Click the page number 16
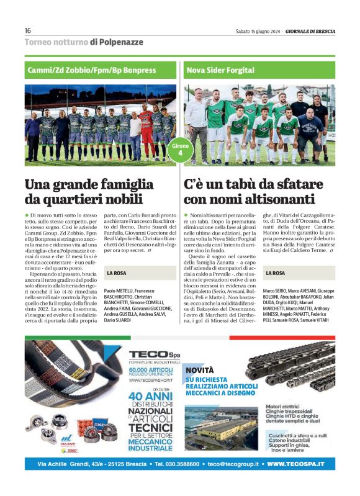pyautogui.click(x=28, y=31)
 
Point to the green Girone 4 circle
pyautogui.click(x=180, y=150)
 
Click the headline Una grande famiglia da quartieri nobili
pyautogui.click(x=89, y=192)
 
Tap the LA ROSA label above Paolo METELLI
pyautogui.click(x=117, y=273)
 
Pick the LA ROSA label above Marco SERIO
pyautogui.click(x=275, y=273)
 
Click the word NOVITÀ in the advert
pyautogui.click(x=200, y=370)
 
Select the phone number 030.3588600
pyautogui.click(x=177, y=464)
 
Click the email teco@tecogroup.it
pyautogui.click(x=233, y=464)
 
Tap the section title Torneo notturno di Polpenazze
pyautogui.click(x=84, y=42)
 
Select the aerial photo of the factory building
pyautogui.click(x=220, y=428)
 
